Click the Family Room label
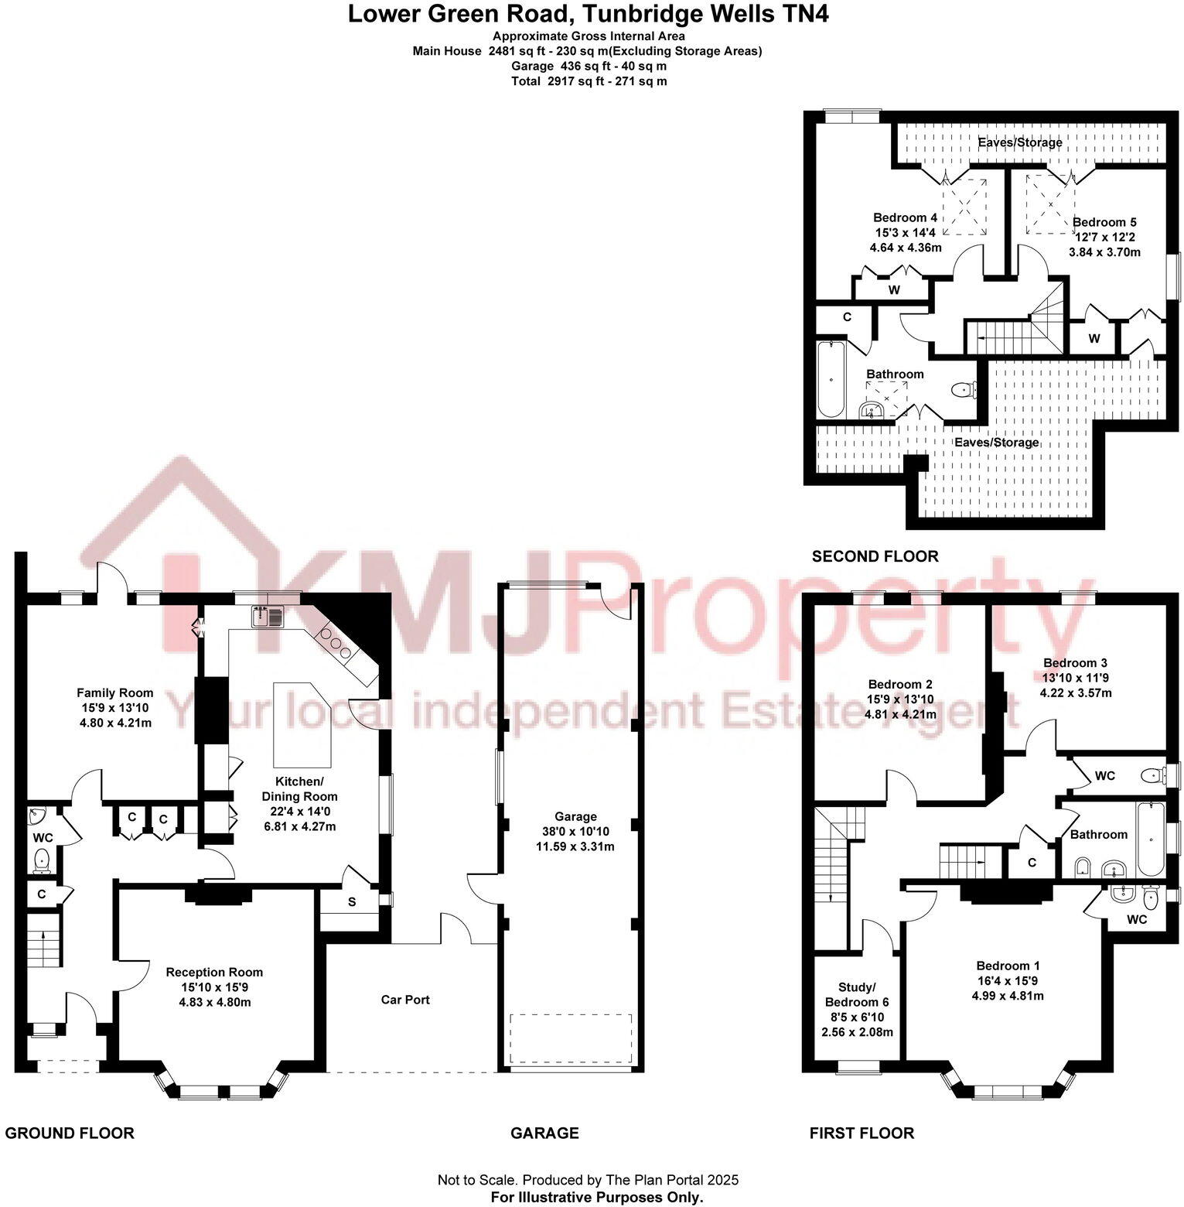114,693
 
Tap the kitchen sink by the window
268,617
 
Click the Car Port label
405,1000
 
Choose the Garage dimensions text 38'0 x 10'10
575,832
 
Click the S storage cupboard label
352,902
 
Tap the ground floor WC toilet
42,859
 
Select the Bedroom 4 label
905,217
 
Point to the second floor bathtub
831,380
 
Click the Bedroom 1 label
1007,966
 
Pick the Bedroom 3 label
1074,663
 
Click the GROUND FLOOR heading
70,1133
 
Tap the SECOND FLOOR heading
875,556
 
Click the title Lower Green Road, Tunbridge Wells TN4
588,14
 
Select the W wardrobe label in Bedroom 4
894,290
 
